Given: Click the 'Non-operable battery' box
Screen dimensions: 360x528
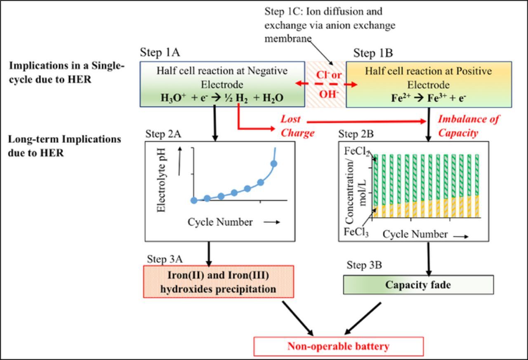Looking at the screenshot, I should tap(338, 346).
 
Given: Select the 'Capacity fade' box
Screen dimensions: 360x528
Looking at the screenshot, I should tap(418, 285).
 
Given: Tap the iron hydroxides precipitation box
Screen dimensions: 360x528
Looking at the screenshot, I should tap(218, 282).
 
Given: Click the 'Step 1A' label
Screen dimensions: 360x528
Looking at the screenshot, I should tap(160, 52).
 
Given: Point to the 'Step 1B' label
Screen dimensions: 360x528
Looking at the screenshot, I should tap(373, 53).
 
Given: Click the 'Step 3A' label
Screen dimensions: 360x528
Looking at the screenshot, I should tap(165, 259).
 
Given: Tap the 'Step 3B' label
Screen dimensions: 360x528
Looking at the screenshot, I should tap(364, 265).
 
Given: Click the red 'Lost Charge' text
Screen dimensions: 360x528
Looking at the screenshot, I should tap(297, 126).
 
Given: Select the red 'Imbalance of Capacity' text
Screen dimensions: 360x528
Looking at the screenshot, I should tap(468, 126).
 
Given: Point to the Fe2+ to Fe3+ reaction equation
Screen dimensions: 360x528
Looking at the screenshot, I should tap(429, 99).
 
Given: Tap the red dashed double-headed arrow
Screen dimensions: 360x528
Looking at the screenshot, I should tap(326, 84).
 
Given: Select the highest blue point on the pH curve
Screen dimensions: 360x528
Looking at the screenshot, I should tap(273, 164).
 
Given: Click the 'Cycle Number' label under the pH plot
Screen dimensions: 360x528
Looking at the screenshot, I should tap(220, 222).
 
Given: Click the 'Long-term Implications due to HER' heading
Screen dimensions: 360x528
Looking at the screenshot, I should tap(64, 146).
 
